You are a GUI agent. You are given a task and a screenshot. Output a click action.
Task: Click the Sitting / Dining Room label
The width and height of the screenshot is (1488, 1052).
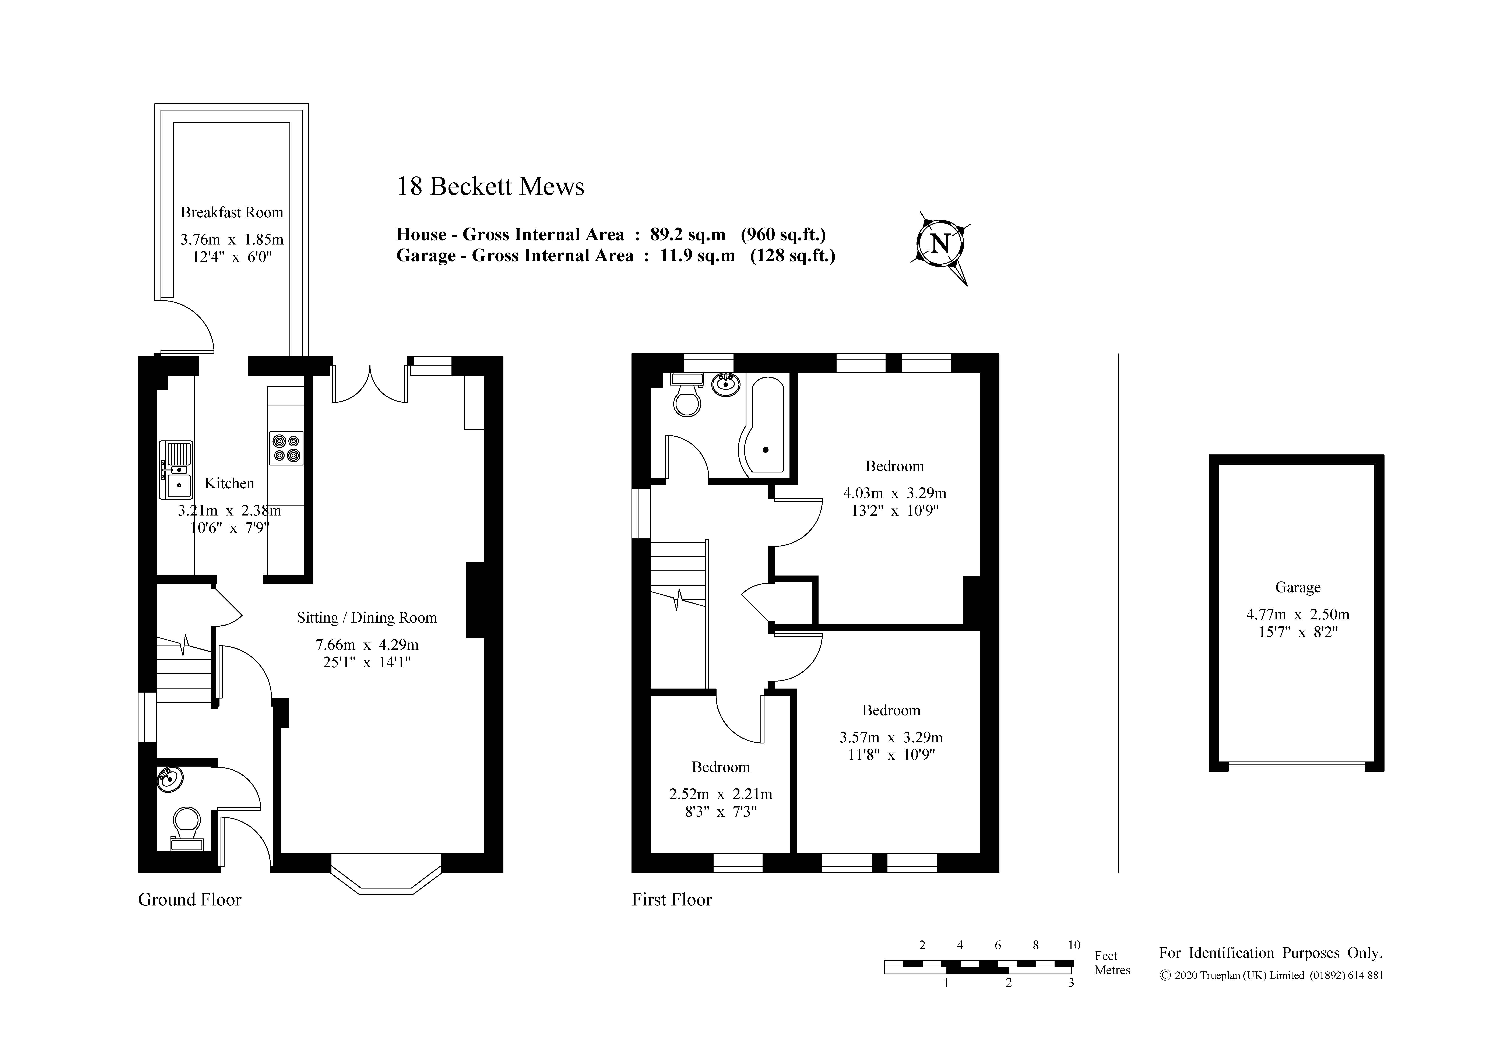[367, 618]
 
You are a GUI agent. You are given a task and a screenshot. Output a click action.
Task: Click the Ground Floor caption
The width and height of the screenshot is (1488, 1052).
[190, 900]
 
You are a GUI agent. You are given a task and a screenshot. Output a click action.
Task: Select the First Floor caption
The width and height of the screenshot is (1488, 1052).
[672, 900]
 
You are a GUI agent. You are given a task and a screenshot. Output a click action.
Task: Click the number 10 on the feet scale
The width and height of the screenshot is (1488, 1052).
[1074, 945]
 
